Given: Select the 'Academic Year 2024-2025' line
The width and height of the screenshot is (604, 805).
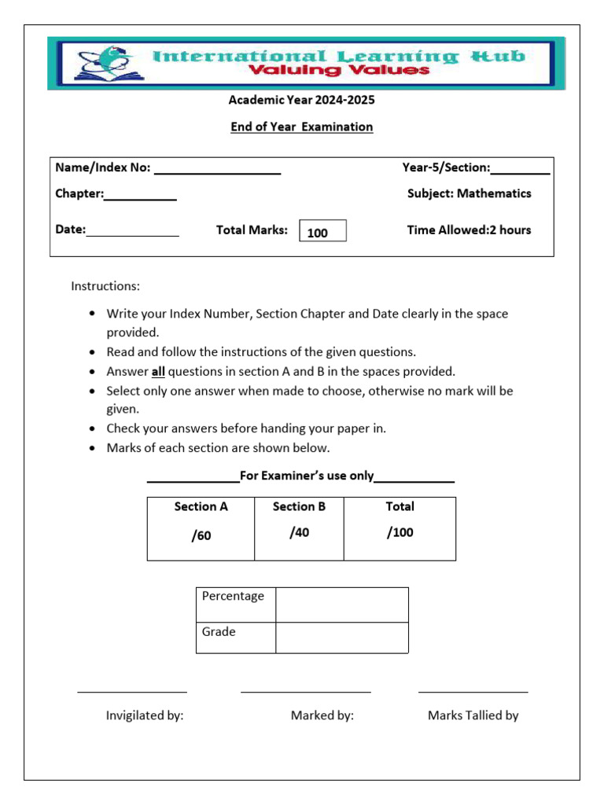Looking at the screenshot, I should coord(301,100).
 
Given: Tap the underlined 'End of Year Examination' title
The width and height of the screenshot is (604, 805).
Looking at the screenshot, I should coord(301,127).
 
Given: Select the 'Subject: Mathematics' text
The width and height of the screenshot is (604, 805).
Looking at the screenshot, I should coord(469,193).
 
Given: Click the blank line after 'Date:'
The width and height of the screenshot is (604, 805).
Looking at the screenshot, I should coord(133,234).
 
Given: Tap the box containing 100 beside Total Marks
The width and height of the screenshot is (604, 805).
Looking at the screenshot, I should coord(322,232).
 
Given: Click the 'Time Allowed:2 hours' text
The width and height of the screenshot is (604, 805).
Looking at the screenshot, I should coord(469,230).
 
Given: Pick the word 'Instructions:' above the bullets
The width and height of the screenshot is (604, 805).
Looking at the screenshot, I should coord(105,286).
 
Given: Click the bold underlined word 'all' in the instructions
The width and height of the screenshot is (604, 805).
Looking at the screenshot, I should coord(157,372).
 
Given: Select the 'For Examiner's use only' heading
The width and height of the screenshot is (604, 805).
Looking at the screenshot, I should coord(307,476).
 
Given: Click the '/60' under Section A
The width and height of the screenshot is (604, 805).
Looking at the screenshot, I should coord(201,536).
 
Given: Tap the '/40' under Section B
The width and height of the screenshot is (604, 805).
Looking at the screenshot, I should coord(299,533).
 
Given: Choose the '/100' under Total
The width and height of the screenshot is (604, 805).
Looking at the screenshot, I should coord(400,533).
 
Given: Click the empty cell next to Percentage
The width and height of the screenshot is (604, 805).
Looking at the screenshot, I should coord(341,605).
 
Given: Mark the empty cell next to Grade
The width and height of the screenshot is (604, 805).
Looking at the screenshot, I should coord(341,638).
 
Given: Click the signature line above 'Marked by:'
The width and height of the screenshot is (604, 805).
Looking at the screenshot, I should coord(305,692).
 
